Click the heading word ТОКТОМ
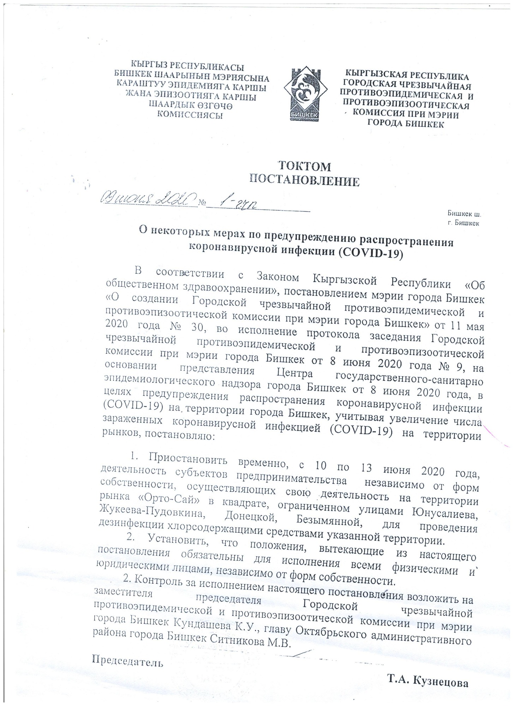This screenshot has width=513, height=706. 305,166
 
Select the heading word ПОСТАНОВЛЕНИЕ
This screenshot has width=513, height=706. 305,181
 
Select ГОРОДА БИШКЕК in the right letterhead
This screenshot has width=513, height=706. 406,124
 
